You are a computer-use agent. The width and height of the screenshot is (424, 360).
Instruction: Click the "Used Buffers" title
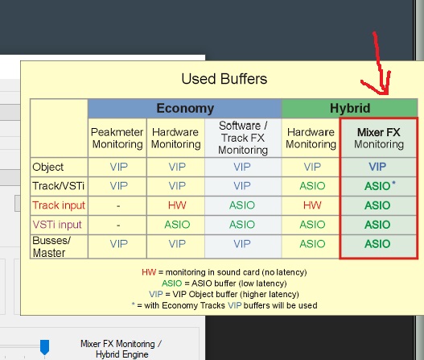[x=224, y=79]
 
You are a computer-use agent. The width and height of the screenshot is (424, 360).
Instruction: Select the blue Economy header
[x=185, y=108]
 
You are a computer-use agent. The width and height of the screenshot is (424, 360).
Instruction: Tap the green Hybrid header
[x=350, y=108]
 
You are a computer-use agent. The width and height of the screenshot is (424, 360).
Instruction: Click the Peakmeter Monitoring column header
[x=117, y=138]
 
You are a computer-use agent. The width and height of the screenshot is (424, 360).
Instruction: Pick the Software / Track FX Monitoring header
[x=243, y=138]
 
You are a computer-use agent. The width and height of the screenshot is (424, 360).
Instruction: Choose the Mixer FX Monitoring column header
[x=379, y=138]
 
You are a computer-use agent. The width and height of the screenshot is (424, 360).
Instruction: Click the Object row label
[x=47, y=167]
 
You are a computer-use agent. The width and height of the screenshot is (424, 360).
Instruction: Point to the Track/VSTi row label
[x=59, y=186]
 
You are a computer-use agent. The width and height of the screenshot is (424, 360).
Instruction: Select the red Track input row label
[x=59, y=205]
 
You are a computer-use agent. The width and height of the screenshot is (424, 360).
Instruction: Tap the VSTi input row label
[x=57, y=225]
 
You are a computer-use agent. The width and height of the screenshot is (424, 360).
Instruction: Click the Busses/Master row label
[x=51, y=246]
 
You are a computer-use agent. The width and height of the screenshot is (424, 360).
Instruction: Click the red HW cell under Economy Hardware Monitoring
[x=177, y=205]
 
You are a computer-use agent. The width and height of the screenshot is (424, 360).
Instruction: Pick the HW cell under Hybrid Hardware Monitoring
[x=312, y=205]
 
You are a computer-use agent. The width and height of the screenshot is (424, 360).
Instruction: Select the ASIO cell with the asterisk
[x=380, y=186]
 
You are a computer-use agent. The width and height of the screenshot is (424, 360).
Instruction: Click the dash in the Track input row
[x=118, y=206]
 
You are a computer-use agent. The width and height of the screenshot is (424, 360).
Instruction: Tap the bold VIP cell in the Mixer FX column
[x=377, y=167]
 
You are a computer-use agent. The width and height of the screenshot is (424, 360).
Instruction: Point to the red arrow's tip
[x=385, y=94]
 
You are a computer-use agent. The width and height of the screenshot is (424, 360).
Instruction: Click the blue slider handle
[x=44, y=348]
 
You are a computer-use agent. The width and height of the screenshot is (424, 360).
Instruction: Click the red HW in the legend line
[x=149, y=272]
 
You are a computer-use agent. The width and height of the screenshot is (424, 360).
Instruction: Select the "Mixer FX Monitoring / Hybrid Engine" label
[x=121, y=349]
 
